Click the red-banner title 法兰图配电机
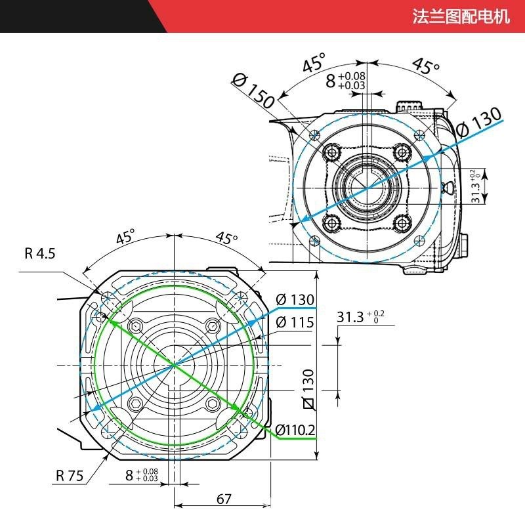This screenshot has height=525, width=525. coord(461,16)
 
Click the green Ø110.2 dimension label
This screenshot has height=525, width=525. coord(295,430)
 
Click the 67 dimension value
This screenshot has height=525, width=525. coord(224,499)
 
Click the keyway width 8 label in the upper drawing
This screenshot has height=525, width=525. coord(346,80)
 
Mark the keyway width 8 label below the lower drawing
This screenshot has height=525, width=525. coord(141,475)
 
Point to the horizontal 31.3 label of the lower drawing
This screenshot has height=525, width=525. coord(360,318)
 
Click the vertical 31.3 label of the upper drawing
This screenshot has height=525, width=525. coord(477,186)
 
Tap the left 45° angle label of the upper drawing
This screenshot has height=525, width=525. coord(314,65)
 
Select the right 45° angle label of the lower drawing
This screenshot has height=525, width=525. coord(226,238)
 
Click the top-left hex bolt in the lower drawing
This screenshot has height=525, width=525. coord(136,326)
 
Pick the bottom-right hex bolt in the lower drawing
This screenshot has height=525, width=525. coord(211,403)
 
